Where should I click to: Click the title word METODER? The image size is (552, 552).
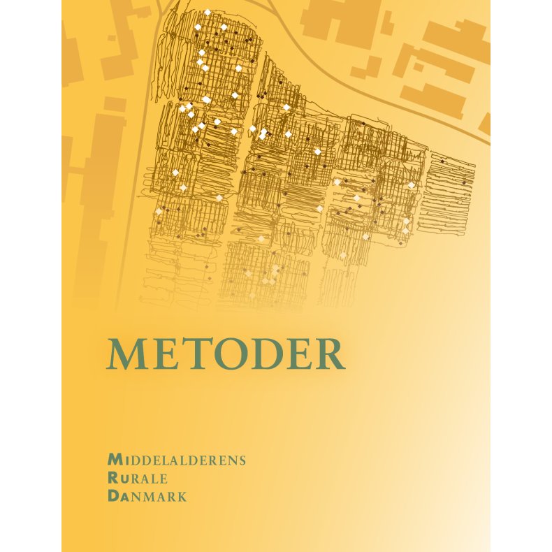[226, 355]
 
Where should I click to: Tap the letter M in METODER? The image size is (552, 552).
[125, 355]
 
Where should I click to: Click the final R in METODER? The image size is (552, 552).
[328, 355]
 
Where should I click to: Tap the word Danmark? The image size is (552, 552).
[147, 497]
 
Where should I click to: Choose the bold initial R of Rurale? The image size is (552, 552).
[113, 479]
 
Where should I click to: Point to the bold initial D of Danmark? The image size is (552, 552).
[113, 497]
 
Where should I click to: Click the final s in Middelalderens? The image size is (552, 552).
[242, 460]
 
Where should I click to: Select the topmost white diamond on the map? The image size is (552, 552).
[208, 12]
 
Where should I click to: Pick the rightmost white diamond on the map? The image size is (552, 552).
[412, 185]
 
